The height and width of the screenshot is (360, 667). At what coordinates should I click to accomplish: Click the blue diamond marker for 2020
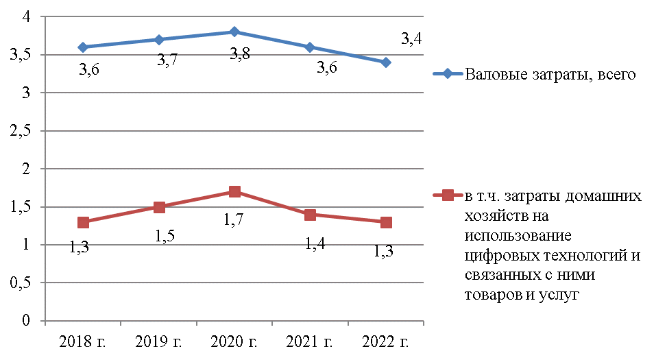234,32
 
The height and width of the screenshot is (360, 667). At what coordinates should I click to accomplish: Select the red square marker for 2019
158,207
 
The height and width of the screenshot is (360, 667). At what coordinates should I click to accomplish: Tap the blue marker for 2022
386,62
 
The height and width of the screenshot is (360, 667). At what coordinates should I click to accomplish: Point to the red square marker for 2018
83,222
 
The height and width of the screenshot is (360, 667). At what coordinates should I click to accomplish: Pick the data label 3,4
410,39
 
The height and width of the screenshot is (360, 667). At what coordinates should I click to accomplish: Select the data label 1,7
235,220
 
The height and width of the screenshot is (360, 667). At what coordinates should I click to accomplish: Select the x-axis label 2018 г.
83,340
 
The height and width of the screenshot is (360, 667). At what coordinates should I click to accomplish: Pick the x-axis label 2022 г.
386,340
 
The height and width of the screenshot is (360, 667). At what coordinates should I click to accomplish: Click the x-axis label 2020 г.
234,340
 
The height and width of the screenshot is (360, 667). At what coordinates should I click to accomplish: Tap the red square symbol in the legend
448,195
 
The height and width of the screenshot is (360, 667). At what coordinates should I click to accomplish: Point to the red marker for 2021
311,215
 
